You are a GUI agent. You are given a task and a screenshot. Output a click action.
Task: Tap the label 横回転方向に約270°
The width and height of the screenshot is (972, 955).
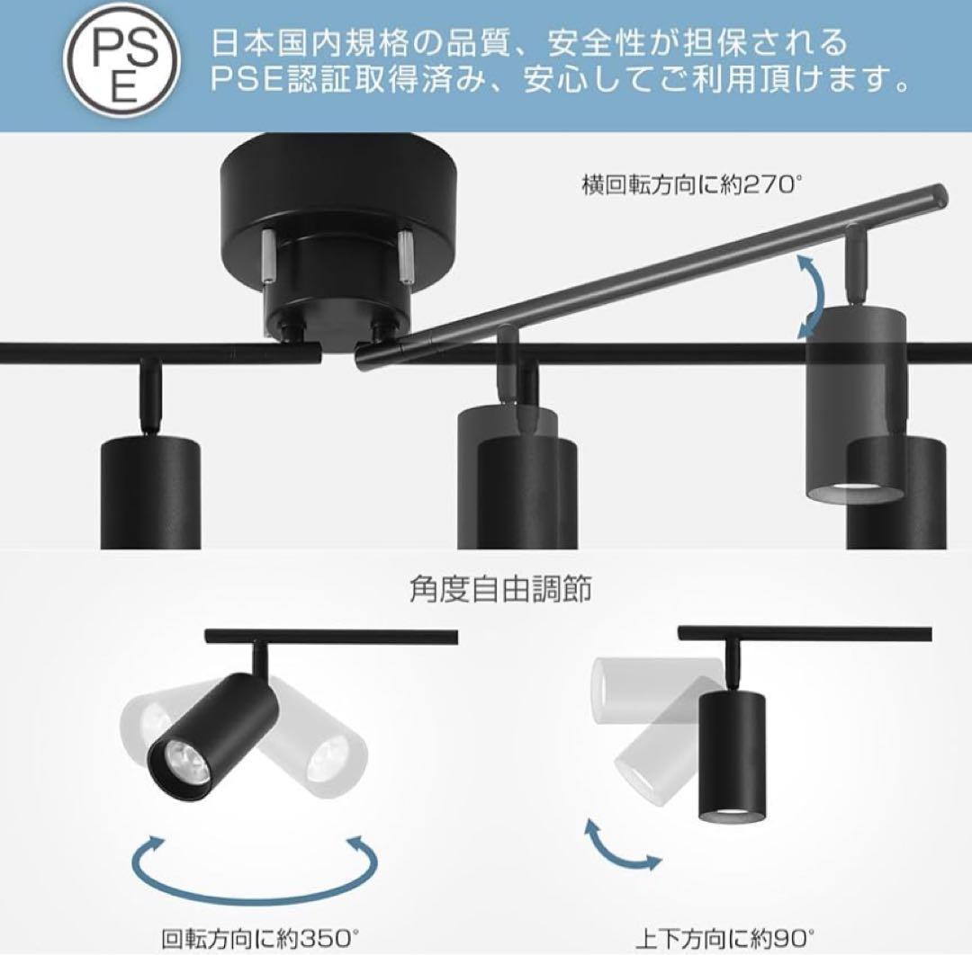[x=690, y=185]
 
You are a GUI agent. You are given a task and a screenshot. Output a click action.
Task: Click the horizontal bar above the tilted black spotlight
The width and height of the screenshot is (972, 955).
[x=331, y=637]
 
